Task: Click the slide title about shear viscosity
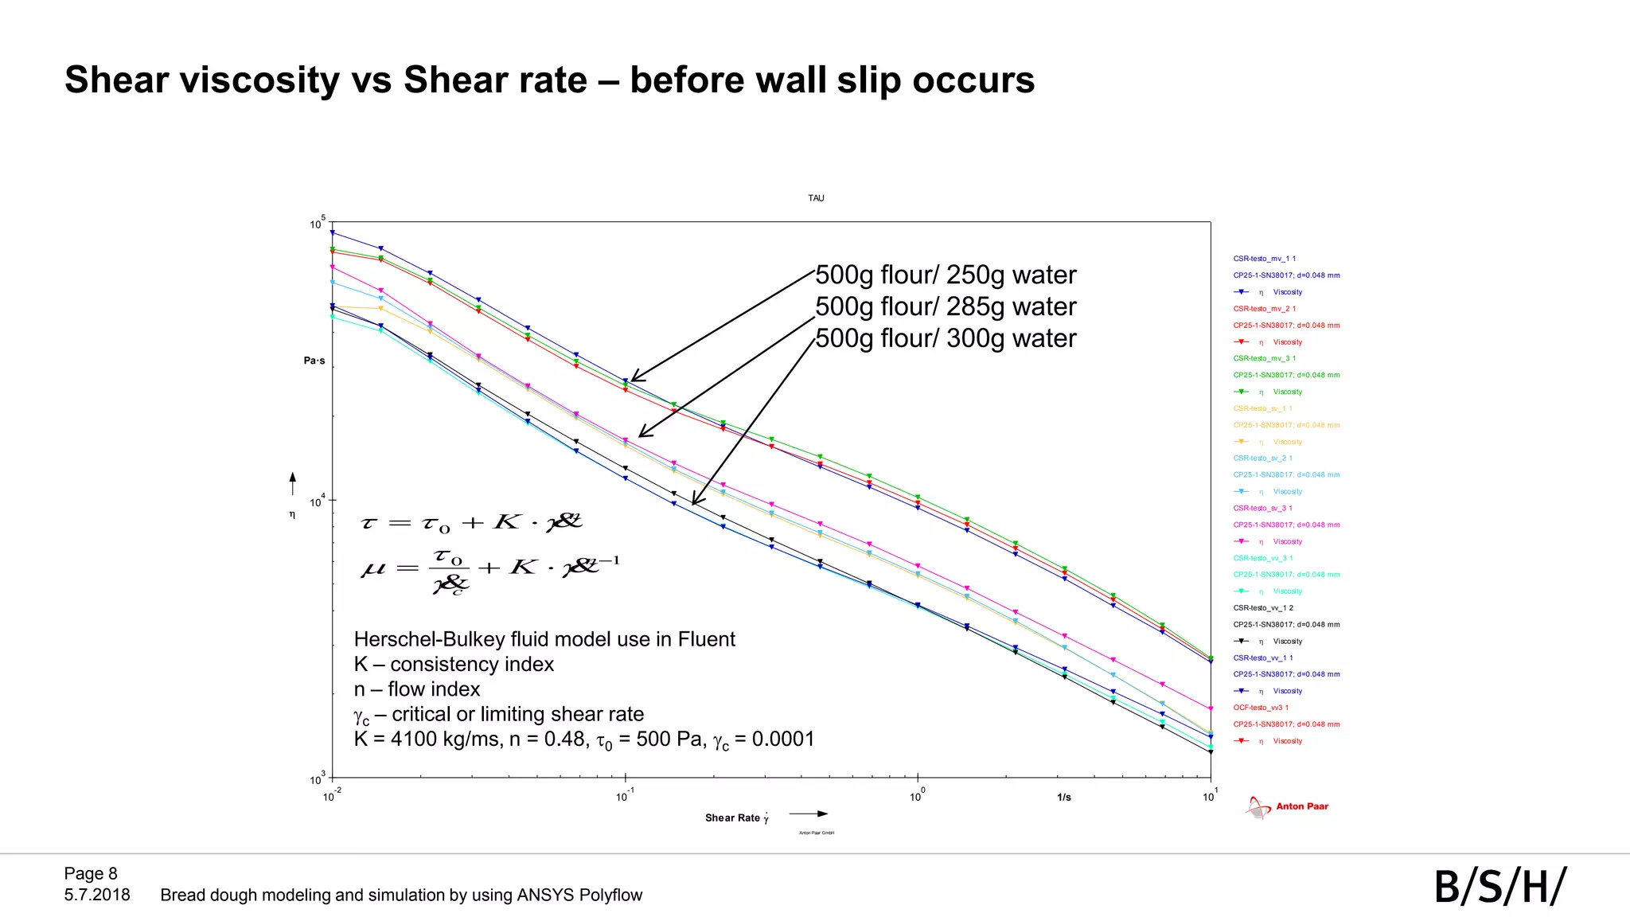[x=549, y=80]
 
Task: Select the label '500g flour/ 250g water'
[x=946, y=275]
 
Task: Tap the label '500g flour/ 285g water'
[x=946, y=306]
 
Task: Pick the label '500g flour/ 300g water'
[x=946, y=338]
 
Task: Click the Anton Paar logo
[x=1288, y=807]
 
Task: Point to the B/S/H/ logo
[x=1499, y=887]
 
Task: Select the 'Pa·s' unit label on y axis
[x=314, y=361]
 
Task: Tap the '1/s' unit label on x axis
[x=1064, y=797]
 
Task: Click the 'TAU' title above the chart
[x=816, y=198]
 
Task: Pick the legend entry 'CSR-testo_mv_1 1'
[x=1265, y=259]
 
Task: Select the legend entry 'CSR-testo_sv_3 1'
[x=1263, y=508]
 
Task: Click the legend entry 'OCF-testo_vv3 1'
[x=1261, y=708]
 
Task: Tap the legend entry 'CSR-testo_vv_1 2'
[x=1263, y=608]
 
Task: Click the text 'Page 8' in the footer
[x=91, y=873]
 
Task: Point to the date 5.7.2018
[x=97, y=895]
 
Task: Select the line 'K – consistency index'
[x=454, y=664]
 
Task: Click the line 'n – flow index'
[x=417, y=689]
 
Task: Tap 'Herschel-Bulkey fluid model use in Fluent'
[x=544, y=639]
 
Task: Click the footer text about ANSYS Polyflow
[x=401, y=895]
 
